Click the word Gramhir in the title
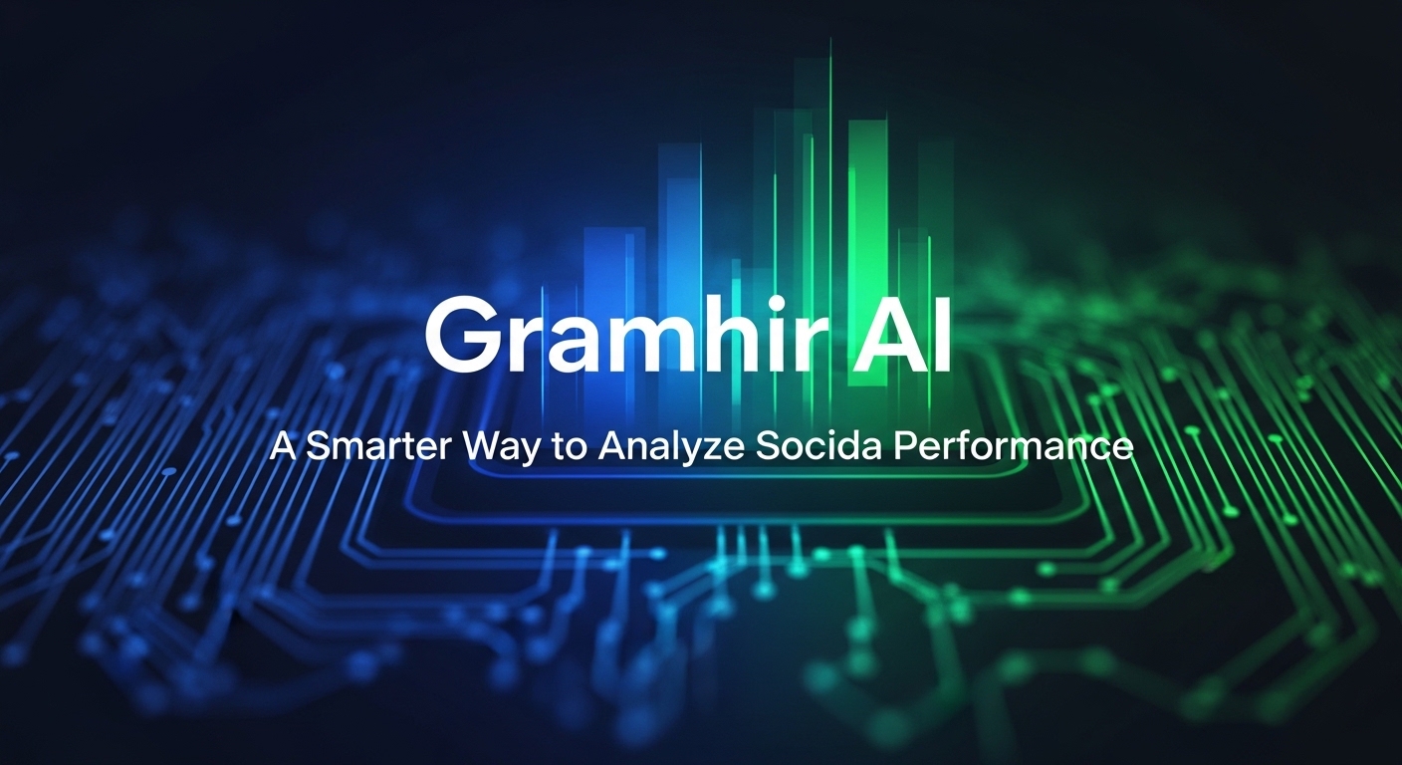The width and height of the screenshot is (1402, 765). coord(607,336)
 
